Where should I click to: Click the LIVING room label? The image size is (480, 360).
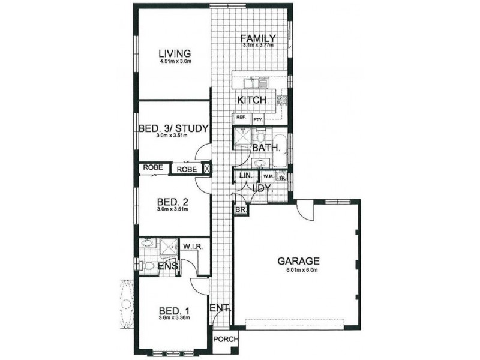[x=171, y=52]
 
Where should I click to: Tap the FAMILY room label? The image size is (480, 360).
[x=258, y=38]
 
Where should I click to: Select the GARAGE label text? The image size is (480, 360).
[x=298, y=261]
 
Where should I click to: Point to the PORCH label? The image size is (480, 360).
[x=226, y=339]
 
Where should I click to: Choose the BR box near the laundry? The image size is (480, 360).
[x=240, y=211]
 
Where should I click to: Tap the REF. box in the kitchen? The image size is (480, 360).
[x=241, y=118]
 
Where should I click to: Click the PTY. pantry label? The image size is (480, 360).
[x=259, y=119]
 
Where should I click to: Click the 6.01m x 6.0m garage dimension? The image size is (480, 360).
[x=298, y=269]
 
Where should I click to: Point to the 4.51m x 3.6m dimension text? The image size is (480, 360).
[x=171, y=61]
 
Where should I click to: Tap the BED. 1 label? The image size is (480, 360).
[x=175, y=310]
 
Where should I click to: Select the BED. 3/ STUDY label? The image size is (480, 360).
[x=173, y=128]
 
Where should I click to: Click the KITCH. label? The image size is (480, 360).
[x=252, y=100]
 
